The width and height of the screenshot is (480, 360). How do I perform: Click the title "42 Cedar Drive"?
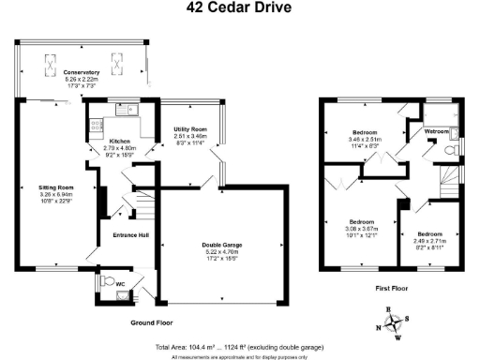239,8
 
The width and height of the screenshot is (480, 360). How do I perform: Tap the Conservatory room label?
82,72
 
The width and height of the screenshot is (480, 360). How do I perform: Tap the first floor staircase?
442,179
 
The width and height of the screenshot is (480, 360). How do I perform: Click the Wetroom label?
437,132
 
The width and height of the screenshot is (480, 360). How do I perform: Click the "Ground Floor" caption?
150,322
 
